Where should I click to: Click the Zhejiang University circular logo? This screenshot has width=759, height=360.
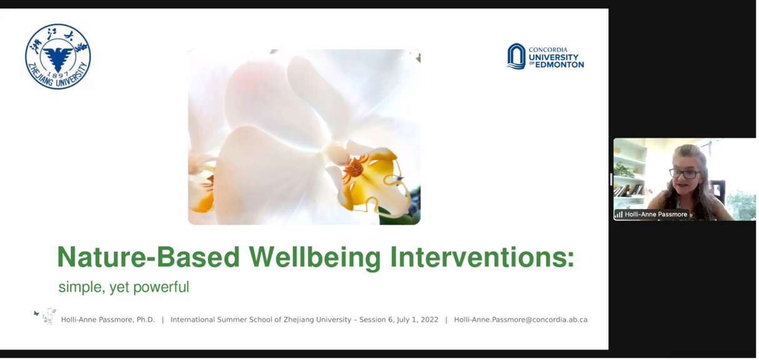tap(58, 56)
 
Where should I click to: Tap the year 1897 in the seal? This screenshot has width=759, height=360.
tap(58, 75)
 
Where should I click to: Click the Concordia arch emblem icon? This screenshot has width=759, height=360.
tap(516, 56)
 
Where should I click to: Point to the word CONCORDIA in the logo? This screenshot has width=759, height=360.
tap(548, 50)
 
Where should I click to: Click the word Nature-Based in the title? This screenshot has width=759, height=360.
tap(148, 257)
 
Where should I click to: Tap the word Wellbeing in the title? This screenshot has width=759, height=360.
tap(315, 258)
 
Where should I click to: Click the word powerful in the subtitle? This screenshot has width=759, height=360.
tap(161, 287)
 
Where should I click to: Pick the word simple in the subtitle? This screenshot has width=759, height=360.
tap(82, 287)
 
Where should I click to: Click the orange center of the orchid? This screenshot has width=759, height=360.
tap(354, 167)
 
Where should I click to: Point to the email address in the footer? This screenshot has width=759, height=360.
tap(521, 320)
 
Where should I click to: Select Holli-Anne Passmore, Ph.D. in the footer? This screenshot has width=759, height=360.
tap(108, 320)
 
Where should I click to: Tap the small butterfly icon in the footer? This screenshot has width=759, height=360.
tap(36, 313)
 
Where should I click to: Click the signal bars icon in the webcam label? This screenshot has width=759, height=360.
tap(619, 214)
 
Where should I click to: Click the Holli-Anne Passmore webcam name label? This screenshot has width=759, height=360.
tap(651, 214)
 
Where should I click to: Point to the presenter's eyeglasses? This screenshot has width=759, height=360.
tap(685, 173)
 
